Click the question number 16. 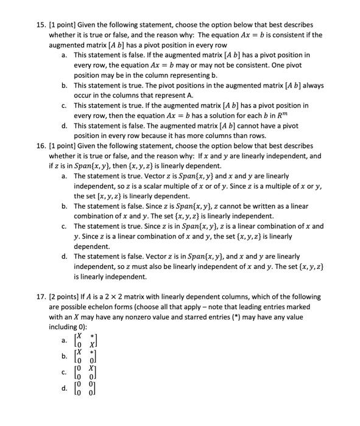40,147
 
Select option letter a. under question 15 65,55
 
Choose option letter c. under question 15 65,105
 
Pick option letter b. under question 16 65,206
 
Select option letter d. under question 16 65,257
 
